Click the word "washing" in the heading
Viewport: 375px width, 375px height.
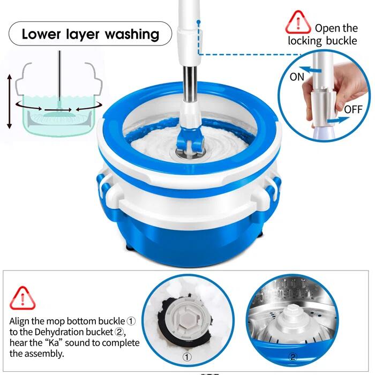coord(132,35)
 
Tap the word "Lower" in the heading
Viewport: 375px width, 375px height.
coord(41,34)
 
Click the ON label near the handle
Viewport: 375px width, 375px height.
coord(297,77)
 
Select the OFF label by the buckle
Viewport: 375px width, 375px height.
coord(353,109)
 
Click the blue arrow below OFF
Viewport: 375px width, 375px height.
coord(338,119)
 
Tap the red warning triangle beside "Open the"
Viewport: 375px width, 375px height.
coord(298,22)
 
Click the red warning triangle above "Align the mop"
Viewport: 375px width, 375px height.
coord(22,298)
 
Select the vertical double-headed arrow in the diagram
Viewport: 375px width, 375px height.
coord(9,101)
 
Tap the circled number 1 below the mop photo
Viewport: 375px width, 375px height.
coord(187,357)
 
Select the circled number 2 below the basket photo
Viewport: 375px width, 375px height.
coord(292,357)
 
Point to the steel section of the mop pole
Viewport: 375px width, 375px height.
coord(190,82)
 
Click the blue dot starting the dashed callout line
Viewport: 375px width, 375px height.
coord(199,22)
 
